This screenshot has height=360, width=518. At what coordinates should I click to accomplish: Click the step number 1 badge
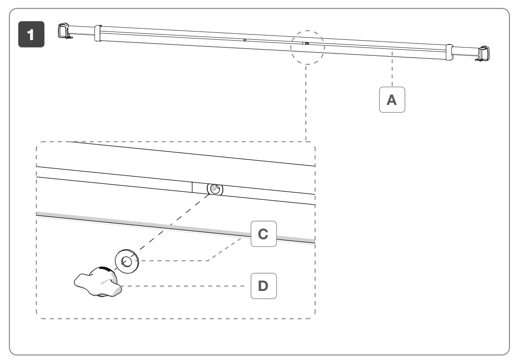[x=31, y=35]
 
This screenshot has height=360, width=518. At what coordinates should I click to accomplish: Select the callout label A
[x=392, y=100]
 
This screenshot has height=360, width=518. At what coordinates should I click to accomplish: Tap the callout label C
[x=263, y=234]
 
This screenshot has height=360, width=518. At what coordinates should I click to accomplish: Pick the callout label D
[x=263, y=285]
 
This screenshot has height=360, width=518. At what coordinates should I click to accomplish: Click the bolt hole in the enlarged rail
[x=215, y=189]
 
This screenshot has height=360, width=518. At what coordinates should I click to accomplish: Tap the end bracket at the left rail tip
[x=64, y=32]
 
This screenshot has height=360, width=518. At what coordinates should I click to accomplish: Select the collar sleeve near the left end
[x=97, y=33]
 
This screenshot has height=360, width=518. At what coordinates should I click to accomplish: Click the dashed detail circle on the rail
[x=307, y=47]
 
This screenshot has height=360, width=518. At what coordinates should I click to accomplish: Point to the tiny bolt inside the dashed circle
[x=306, y=44]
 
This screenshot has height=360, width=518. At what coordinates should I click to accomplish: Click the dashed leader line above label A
[x=392, y=69]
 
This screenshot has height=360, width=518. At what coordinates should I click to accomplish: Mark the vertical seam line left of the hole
[x=192, y=187]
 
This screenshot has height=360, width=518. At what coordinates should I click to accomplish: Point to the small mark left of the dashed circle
[x=244, y=40]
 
